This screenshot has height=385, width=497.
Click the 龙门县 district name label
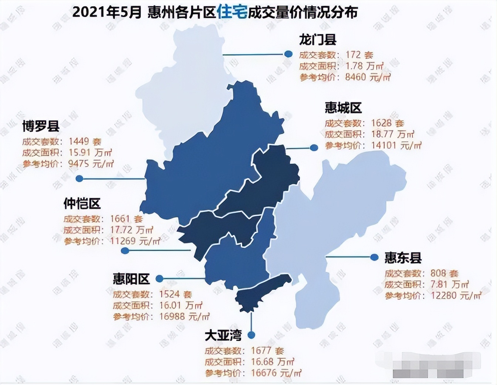click(x=318, y=40)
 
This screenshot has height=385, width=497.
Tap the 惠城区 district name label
click(x=343, y=108)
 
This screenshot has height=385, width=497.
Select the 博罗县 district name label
click(x=41, y=126)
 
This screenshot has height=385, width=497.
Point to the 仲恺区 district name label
click(x=82, y=204)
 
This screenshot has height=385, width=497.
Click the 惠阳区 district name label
click(x=131, y=279)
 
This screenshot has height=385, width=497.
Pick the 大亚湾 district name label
click(x=223, y=335)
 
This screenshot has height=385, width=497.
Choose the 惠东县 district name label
click(x=403, y=258)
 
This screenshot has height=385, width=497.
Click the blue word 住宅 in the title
click(x=232, y=12)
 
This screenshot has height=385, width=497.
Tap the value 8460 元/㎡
click(x=368, y=77)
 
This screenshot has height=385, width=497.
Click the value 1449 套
click(x=85, y=142)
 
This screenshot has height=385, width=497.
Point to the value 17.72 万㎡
click(x=131, y=230)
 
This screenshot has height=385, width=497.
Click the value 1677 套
click(x=267, y=351)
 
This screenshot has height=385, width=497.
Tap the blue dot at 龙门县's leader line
click(x=288, y=54)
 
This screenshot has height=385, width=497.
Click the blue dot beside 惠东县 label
click(x=374, y=257)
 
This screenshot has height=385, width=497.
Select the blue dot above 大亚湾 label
click(x=251, y=335)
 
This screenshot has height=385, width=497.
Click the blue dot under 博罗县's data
click(x=79, y=178)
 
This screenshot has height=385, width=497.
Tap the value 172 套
click(x=359, y=55)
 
